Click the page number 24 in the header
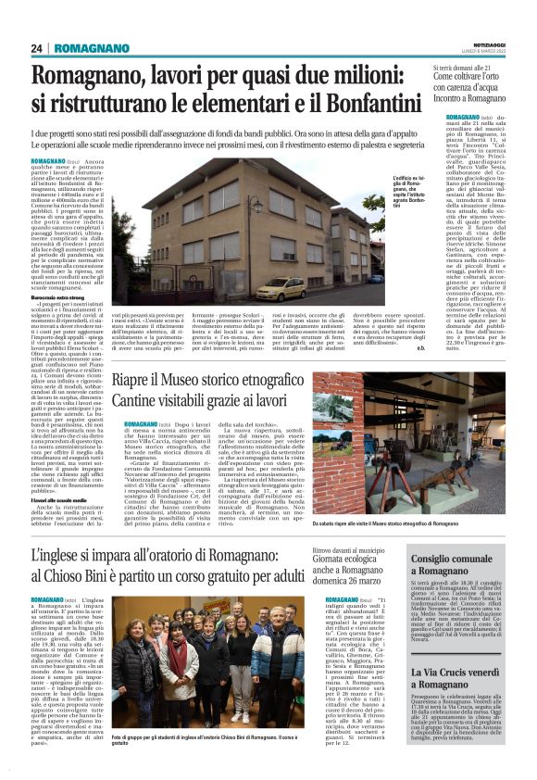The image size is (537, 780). point(37,48)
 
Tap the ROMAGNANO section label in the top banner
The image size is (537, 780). point(89,48)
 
